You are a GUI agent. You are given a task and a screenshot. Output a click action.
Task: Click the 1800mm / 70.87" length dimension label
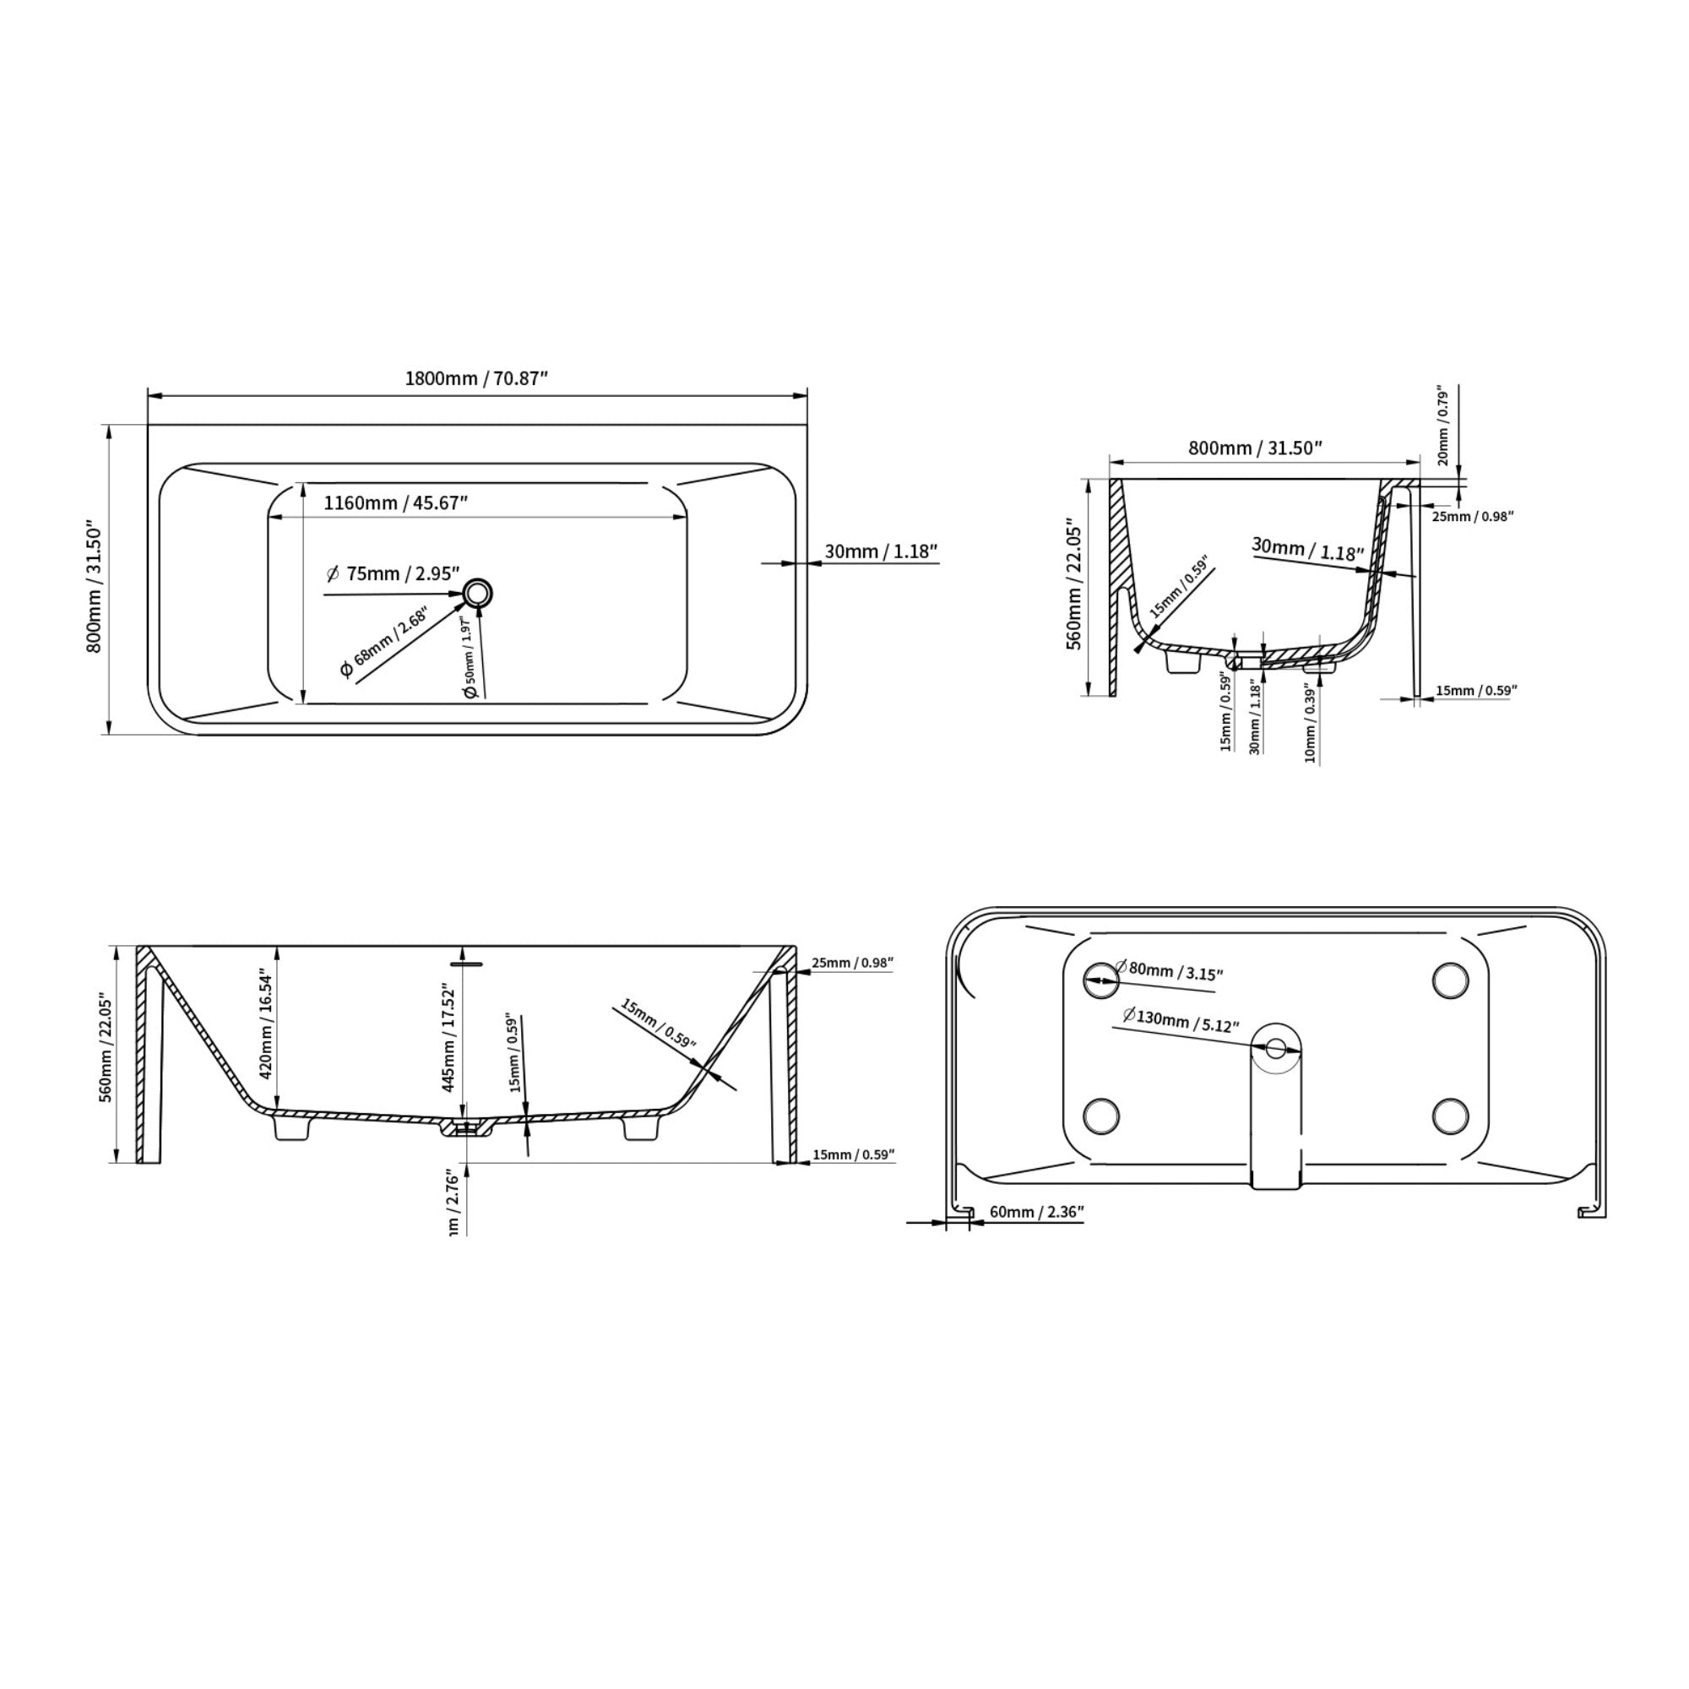coord(475,378)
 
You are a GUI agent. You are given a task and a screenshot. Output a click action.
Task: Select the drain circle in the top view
coord(478,594)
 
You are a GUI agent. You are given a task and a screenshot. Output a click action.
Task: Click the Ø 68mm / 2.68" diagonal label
coord(384,643)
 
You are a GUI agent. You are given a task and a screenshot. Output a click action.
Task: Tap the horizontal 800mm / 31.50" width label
coord(1255,448)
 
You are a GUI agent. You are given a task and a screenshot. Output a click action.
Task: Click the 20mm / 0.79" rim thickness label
coord(1442,426)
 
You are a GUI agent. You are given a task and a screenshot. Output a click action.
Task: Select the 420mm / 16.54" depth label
coord(267,1026)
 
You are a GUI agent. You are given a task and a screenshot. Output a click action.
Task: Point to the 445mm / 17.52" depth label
coord(448,1038)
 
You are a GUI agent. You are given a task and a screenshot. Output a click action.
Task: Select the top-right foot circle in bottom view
coord(1450,980)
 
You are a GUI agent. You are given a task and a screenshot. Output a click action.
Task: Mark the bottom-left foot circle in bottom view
coord(1100,1115)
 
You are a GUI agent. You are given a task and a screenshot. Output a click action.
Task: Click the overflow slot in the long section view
coord(466,964)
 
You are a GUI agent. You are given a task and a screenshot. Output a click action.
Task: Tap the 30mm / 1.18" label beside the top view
coord(880,551)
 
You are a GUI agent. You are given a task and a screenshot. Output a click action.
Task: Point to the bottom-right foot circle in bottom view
coord(1450,1115)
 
